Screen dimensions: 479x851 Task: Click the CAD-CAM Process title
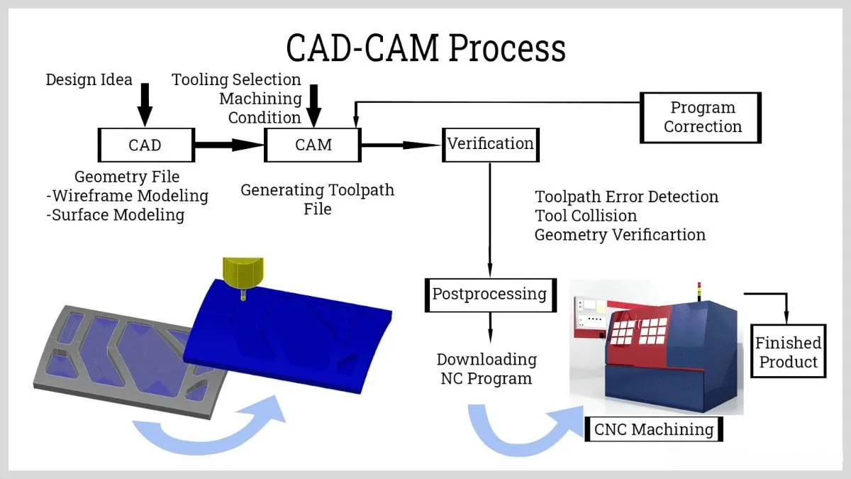(x=425, y=48)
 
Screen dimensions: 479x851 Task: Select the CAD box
(x=145, y=145)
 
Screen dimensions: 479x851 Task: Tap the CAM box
(x=313, y=145)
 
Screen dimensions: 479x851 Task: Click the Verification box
(x=490, y=144)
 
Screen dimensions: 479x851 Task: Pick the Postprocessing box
(x=489, y=294)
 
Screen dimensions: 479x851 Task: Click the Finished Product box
(x=788, y=353)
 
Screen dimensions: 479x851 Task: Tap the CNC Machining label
(x=652, y=429)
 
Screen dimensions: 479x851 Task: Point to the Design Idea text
(x=89, y=79)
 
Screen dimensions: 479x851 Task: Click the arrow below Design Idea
(x=145, y=105)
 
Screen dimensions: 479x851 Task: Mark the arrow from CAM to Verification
(x=401, y=145)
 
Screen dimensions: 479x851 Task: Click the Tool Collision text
(x=586, y=216)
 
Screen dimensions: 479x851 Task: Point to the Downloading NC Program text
(x=486, y=369)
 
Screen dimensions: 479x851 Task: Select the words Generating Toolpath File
(x=317, y=199)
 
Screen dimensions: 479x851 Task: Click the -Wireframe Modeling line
(x=127, y=196)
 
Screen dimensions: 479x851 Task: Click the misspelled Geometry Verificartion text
(x=620, y=235)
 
